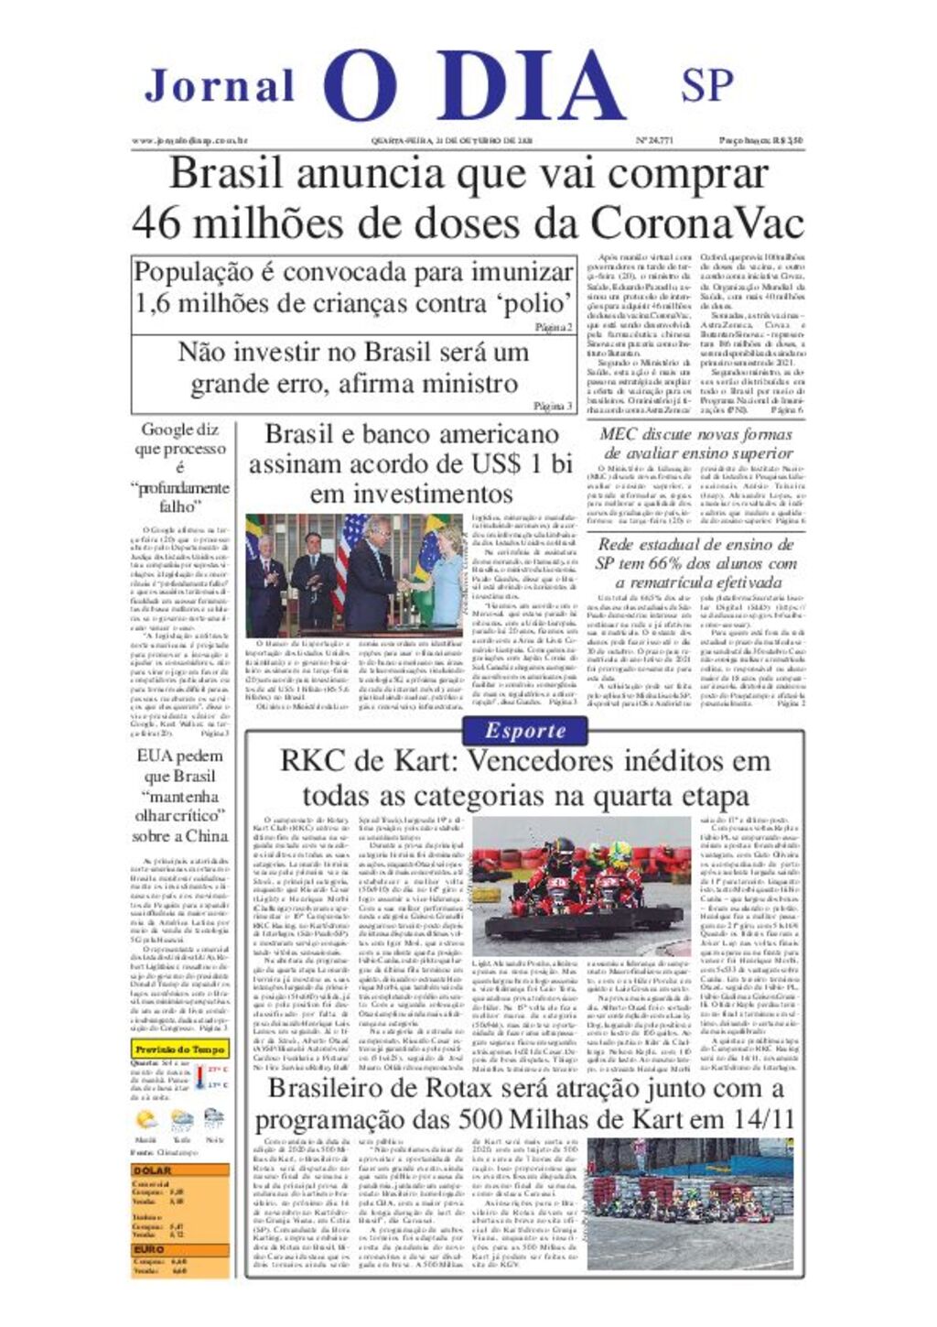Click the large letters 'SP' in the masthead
point(706,85)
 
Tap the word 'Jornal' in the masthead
point(220,87)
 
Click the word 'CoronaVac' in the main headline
point(697,223)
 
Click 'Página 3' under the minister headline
point(553,406)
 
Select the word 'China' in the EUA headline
point(208,835)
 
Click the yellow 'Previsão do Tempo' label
point(179,1050)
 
